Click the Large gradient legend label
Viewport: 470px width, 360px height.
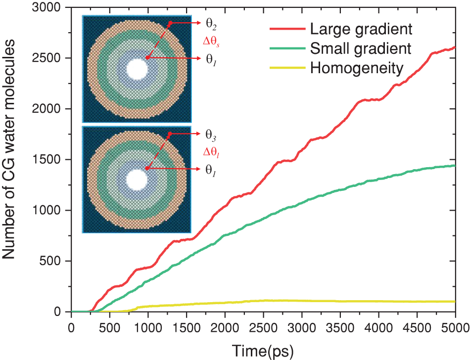(x=361, y=29)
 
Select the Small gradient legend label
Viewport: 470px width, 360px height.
(x=361, y=48)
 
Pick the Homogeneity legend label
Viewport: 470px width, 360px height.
(x=357, y=68)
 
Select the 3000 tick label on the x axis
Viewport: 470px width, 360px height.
(x=301, y=327)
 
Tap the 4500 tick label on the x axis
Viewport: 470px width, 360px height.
(x=417, y=327)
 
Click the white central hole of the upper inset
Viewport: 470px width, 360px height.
(x=137, y=69)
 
